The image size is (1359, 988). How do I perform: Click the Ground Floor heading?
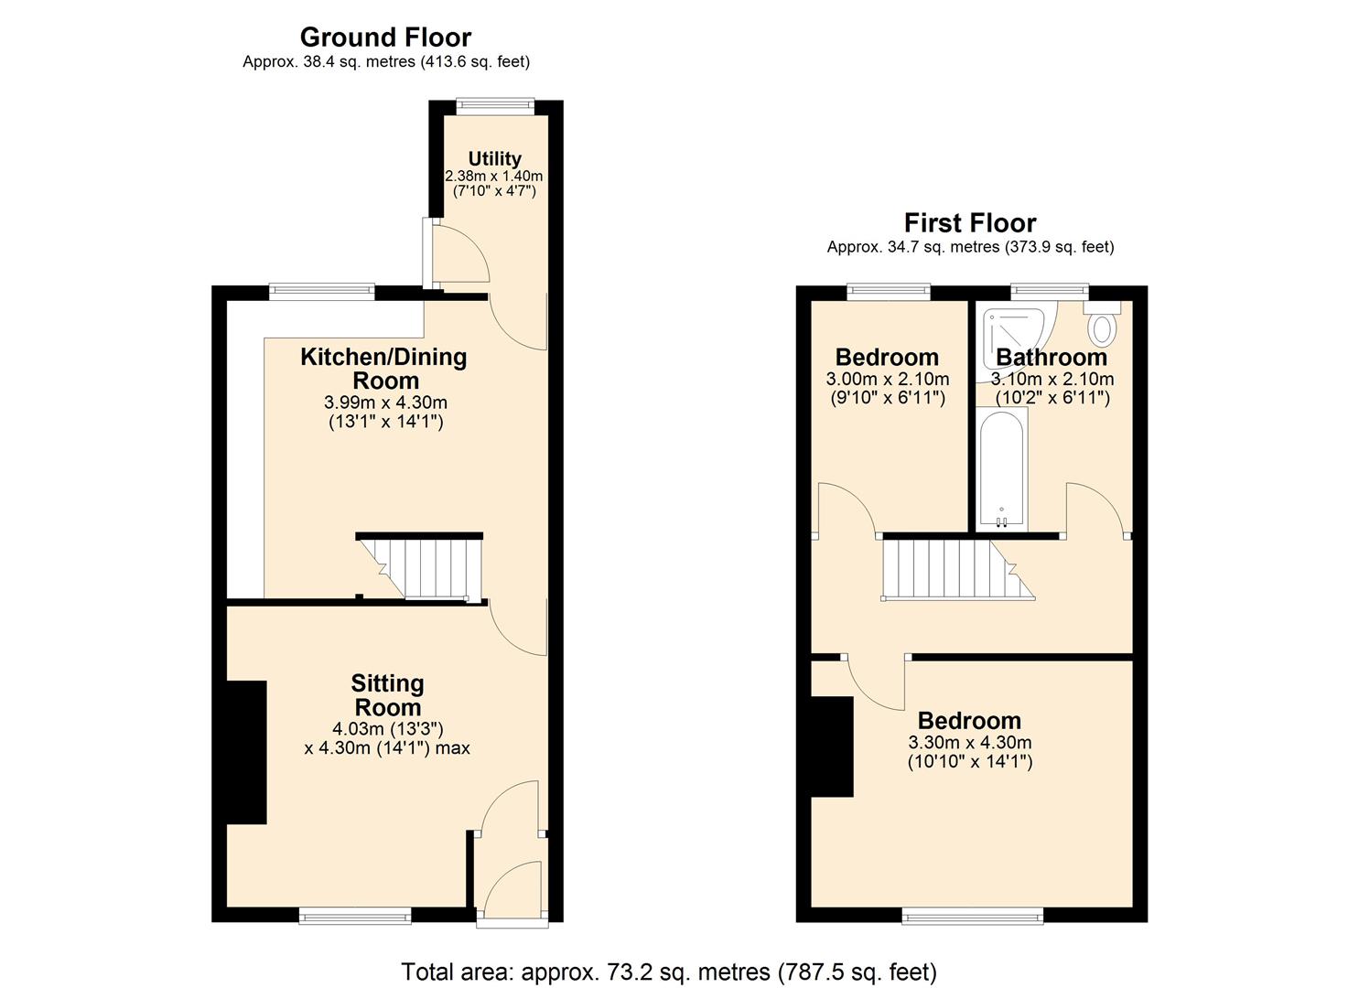click(385, 38)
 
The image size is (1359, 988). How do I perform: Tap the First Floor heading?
click(970, 223)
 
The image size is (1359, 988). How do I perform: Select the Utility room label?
click(494, 159)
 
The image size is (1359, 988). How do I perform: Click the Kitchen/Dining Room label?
click(383, 369)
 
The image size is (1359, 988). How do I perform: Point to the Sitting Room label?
click(387, 695)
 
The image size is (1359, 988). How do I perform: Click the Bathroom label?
click(1052, 358)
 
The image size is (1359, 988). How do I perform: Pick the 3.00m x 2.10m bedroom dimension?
click(887, 379)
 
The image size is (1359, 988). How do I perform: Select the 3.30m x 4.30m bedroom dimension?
click(969, 743)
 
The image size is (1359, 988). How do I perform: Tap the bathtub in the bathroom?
click(1001, 468)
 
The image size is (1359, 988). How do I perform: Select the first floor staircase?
click(952, 570)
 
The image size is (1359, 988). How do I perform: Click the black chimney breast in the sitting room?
click(246, 752)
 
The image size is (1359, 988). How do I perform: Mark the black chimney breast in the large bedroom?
click(832, 746)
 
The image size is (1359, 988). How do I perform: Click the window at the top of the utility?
click(495, 103)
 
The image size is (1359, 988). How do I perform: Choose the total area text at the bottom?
click(669, 972)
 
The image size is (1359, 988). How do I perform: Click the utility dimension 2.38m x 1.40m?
click(494, 176)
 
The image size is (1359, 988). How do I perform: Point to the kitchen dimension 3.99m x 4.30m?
click(385, 403)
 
